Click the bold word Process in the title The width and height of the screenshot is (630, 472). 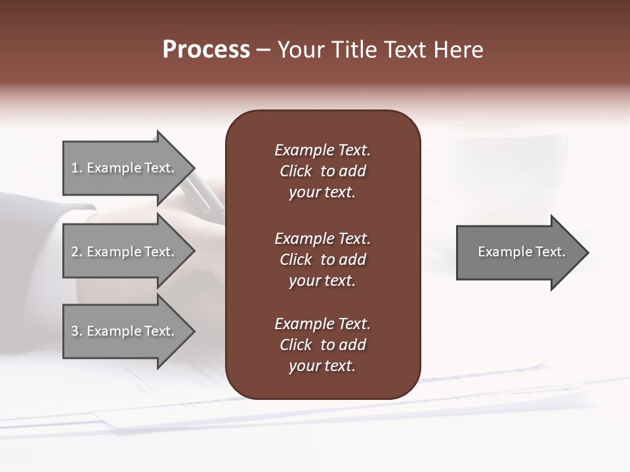[x=206, y=50]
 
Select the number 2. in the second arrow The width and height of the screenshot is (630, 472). [x=77, y=252]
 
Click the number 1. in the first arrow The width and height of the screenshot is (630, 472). [x=77, y=168]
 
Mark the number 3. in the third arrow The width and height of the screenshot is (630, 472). [x=77, y=331]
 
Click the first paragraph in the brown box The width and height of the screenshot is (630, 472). [x=322, y=171]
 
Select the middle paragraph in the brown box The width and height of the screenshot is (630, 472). [x=322, y=260]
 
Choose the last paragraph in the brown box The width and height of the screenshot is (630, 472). [x=322, y=345]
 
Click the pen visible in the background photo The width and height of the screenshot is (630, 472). [x=201, y=194]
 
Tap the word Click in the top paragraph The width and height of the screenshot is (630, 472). [x=295, y=171]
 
